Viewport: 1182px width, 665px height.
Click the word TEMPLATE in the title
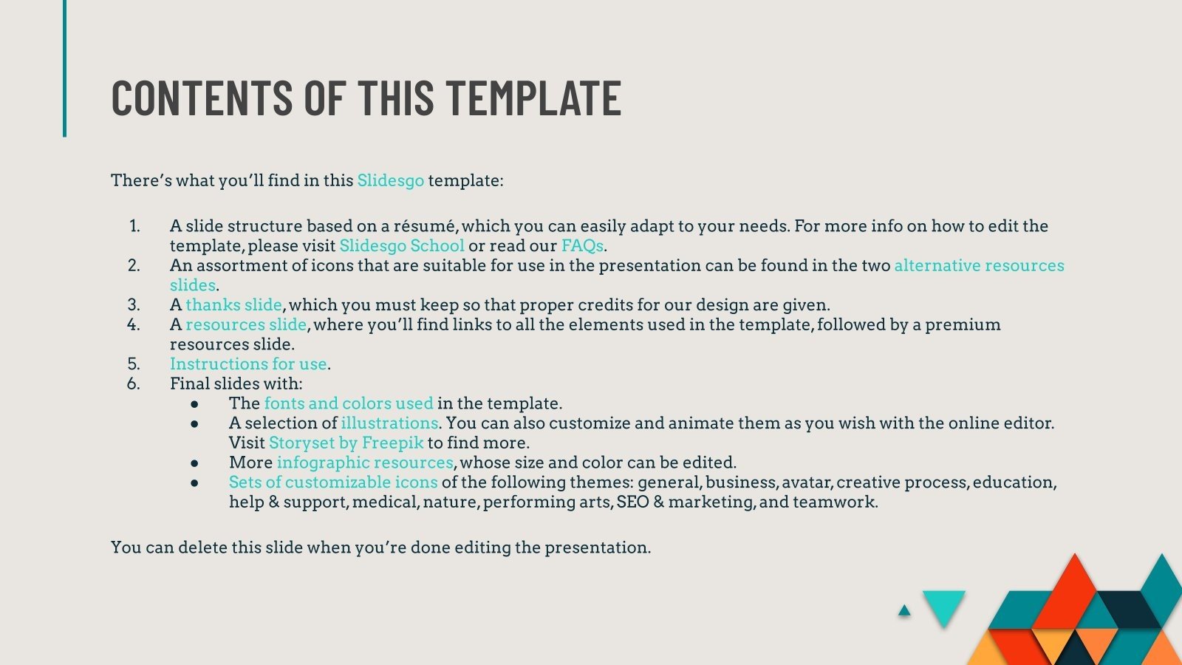pos(533,98)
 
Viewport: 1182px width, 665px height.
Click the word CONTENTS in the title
pos(202,98)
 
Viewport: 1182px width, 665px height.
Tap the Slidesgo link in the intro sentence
pos(390,180)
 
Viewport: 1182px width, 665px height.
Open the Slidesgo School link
pos(401,245)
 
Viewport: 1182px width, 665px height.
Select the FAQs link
pos(582,245)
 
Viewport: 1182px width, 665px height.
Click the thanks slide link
pos(233,304)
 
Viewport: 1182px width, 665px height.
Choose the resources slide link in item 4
pos(245,324)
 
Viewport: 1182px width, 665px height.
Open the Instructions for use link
pos(248,364)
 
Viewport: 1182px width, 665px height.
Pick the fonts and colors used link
pos(348,403)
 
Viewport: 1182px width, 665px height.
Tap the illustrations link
pos(389,423)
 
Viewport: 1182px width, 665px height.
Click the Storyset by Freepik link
pos(346,443)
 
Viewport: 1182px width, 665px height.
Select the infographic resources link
pos(365,463)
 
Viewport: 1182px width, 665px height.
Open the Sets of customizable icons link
pos(333,482)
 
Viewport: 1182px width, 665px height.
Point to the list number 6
pos(133,383)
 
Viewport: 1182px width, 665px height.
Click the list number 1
pos(134,226)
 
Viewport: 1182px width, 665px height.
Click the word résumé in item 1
pos(420,226)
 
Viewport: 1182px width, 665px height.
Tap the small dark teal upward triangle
pos(904,611)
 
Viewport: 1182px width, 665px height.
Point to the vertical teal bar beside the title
pos(64,68)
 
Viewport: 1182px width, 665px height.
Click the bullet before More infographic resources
pos(194,463)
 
